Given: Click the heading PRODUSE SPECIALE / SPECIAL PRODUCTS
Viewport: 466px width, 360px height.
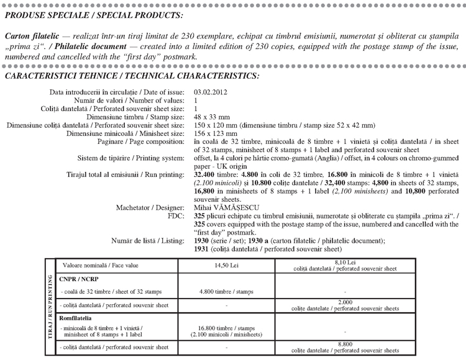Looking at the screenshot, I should point(94,14).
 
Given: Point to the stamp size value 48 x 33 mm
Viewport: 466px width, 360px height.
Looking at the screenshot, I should point(212,116).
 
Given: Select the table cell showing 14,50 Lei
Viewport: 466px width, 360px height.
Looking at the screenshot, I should point(226,264).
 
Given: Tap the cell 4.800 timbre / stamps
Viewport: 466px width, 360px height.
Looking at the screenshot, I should point(226,291).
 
